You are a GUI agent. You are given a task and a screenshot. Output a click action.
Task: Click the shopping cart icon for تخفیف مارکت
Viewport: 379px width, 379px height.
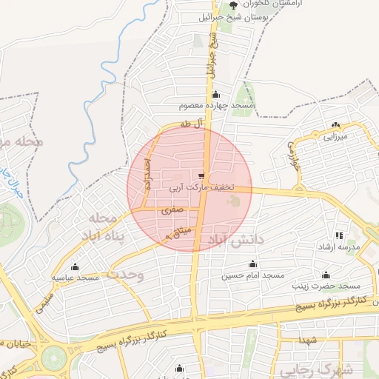point(201,176)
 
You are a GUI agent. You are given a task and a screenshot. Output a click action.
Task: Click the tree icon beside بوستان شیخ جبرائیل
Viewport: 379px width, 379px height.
point(234,6)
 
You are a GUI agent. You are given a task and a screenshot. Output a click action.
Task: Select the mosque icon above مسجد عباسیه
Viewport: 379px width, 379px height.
point(74,267)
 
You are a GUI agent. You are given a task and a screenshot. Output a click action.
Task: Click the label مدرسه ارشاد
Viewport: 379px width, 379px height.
point(339,246)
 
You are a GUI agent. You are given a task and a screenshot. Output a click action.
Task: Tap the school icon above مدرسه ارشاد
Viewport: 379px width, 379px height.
point(339,235)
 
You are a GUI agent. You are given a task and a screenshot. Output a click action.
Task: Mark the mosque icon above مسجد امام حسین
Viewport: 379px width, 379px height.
point(253,264)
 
